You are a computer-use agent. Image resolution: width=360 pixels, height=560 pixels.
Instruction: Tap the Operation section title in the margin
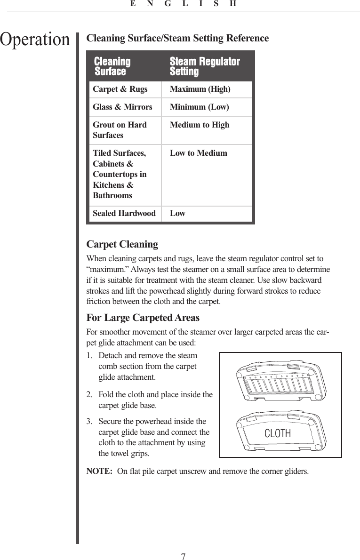point(35,40)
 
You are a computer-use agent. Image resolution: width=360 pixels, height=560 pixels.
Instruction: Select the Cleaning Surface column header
point(112,66)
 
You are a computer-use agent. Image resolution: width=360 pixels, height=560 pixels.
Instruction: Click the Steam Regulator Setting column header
point(204,66)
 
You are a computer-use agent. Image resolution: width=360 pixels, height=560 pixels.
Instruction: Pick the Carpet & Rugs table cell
point(120,89)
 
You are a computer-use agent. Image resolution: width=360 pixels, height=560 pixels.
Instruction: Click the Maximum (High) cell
point(200,89)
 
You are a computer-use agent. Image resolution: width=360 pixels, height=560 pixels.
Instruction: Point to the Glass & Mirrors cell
point(122,107)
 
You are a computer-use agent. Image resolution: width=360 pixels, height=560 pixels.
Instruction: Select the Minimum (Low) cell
point(200,107)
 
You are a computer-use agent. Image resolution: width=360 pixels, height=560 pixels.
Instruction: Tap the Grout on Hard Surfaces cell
point(120,130)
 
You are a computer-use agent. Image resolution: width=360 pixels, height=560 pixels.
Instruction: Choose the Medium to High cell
point(200,125)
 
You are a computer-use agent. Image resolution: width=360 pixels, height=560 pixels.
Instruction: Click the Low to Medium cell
point(198,153)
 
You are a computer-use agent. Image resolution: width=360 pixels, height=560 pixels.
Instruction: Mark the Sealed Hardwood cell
point(124,214)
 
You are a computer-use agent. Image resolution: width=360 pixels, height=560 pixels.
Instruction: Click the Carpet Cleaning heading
point(122,245)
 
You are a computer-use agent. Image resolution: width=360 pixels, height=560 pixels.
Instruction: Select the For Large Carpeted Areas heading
point(143,319)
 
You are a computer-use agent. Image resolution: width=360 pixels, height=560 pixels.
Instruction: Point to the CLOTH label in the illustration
point(278,433)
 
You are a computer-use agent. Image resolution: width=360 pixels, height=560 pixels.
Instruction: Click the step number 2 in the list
point(89,394)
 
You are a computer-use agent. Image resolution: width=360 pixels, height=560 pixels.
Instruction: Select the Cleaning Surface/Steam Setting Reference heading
point(178,38)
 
